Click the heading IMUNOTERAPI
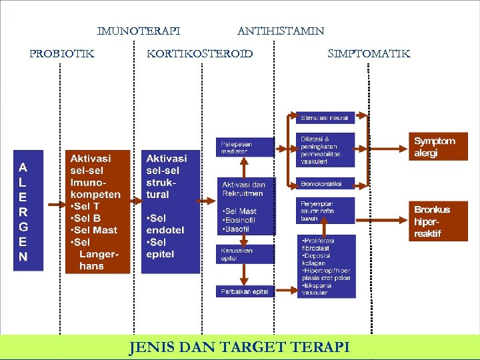(139, 31)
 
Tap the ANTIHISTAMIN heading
(281, 31)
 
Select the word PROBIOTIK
(62, 53)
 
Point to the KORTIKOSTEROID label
(200, 53)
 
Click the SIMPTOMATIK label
(369, 53)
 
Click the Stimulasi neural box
(325, 118)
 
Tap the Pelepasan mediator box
(245, 148)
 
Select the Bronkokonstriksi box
(325, 183)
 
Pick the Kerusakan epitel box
(245, 254)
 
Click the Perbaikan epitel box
(245, 291)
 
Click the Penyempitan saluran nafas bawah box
(325, 211)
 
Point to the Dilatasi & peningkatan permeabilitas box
(325, 150)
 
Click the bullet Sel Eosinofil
(240, 220)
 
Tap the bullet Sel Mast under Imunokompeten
(96, 230)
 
